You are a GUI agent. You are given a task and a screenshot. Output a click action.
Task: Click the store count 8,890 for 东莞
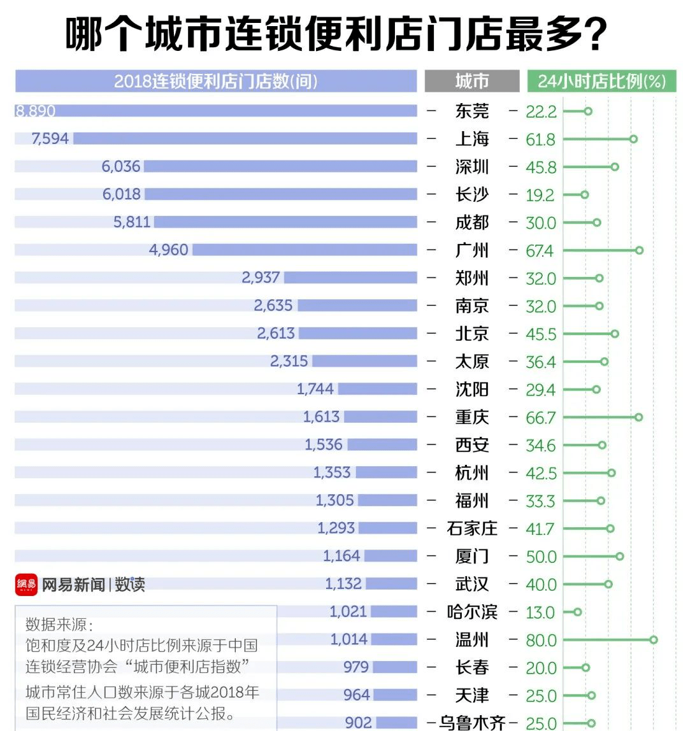coord(36,111)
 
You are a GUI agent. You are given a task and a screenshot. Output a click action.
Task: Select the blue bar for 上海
coord(245,139)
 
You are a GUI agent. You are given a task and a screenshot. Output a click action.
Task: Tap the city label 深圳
coord(472,167)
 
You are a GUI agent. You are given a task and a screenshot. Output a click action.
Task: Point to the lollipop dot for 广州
coord(639,250)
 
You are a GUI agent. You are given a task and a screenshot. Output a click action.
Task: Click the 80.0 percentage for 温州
coord(541,640)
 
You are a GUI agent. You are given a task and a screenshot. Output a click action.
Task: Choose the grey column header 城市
coord(472,82)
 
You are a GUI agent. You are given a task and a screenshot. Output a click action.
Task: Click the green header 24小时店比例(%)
coord(601,82)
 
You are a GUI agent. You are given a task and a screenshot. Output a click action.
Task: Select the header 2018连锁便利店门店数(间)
coord(215,82)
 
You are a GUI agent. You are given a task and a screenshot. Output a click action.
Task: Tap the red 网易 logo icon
coord(26,584)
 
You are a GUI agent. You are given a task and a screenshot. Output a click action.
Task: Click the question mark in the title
coord(594,35)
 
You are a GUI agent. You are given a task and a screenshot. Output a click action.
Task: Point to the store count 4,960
coord(168,250)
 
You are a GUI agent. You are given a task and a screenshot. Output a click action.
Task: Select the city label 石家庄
coord(472,529)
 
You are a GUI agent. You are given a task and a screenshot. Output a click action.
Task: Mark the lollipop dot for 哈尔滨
coord(577,612)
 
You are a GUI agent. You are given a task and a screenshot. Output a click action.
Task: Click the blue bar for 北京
coord(358,333)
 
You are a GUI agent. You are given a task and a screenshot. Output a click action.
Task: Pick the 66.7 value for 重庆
coord(541,418)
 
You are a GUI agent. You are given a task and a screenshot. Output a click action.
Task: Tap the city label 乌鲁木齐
coord(472,722)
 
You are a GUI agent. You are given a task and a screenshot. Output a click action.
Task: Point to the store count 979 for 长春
coord(356,667)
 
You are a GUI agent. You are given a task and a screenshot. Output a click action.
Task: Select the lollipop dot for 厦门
coord(620,556)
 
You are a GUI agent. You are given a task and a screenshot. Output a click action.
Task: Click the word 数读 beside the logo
coord(130,584)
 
